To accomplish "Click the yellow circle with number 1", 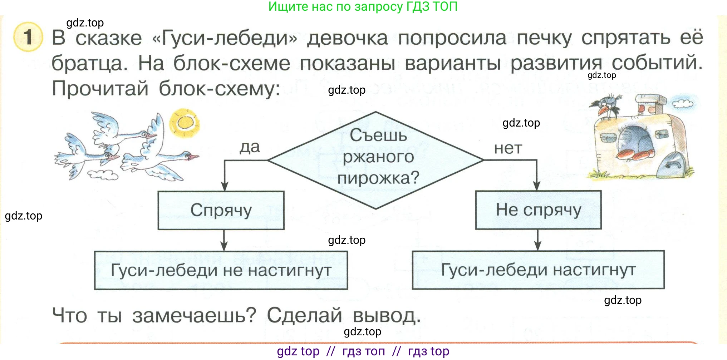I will [28, 37].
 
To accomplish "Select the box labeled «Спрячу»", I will [221, 210].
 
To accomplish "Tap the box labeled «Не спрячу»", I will [538, 210].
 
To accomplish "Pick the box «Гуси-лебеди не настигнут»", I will [221, 270].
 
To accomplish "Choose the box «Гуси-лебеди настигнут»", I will [538, 270].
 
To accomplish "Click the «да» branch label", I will [250, 147].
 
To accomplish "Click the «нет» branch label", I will [508, 148].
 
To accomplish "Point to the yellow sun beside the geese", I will [185, 123].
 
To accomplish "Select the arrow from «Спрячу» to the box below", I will [224, 240].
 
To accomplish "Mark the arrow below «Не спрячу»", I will [537, 240].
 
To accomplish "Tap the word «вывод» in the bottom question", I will [386, 316].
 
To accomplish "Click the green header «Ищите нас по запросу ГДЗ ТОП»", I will [363, 6].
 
